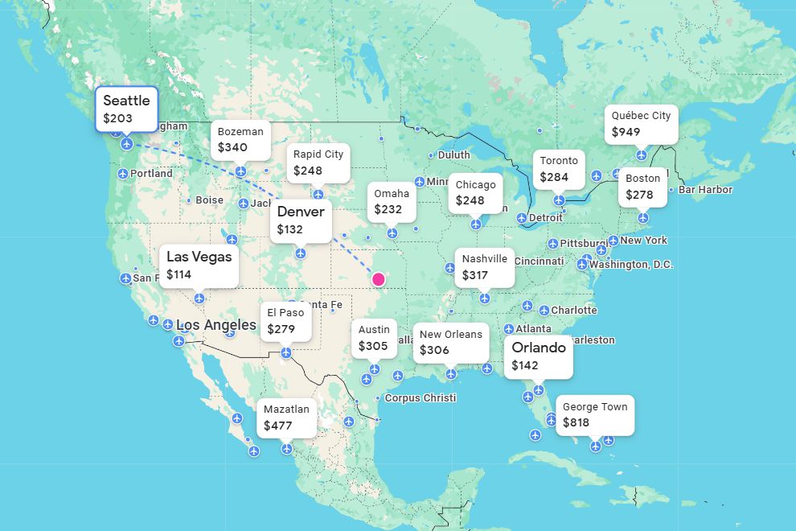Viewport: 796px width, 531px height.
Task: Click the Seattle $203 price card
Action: coord(126,109)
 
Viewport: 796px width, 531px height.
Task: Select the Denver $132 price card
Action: coord(301,220)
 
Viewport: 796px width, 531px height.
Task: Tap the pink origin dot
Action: coord(379,279)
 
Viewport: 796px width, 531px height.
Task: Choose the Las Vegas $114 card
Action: coord(199,265)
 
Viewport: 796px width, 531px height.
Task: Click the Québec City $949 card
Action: coord(641,124)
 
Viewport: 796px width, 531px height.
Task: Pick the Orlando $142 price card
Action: coord(539,356)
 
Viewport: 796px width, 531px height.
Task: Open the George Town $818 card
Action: coord(594,415)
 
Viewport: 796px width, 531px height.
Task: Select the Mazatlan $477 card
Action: coord(286,418)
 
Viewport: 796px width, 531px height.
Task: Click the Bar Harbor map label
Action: coord(705,190)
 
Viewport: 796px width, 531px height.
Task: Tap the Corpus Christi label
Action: coord(420,398)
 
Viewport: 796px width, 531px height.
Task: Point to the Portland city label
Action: coord(151,174)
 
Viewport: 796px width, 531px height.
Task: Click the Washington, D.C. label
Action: coord(631,265)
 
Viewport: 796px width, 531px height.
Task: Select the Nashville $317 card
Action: coord(484,267)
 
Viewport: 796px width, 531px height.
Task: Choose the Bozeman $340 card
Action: coord(240,140)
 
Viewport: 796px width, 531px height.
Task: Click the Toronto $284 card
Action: coord(558,169)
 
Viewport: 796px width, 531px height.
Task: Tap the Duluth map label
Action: coord(453,155)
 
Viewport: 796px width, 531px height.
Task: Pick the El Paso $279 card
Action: coord(286,321)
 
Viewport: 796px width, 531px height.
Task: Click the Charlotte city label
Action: coord(573,311)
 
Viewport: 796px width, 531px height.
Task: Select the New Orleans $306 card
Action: coord(450,343)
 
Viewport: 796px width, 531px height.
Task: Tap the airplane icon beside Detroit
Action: coord(522,218)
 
